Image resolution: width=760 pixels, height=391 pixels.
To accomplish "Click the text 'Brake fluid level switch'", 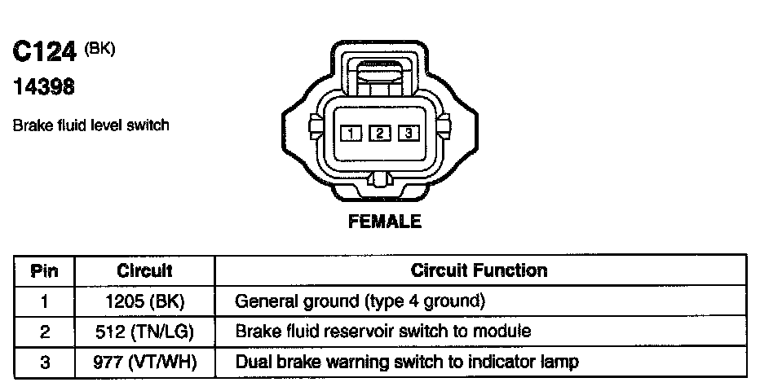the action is coord(91,125).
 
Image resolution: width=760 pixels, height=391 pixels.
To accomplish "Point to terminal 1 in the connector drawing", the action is coord(351,133).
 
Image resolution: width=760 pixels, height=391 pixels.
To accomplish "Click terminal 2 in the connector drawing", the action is coord(379,133).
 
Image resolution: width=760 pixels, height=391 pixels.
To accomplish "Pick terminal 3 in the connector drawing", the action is coord(409,133).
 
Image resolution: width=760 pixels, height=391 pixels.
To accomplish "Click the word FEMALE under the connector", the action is coord(385,222).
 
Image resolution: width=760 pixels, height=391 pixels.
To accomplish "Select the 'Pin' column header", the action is coord(44,270).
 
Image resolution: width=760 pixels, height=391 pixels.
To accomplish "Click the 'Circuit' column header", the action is coord(144,270).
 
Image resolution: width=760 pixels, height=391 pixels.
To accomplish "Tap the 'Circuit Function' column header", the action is coord(479,270).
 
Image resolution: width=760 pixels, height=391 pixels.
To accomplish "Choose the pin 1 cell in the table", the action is coord(44,301).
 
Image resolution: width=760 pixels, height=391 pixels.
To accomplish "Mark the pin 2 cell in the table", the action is coord(44,332).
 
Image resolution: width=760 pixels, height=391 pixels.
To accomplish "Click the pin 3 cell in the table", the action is coord(44,362).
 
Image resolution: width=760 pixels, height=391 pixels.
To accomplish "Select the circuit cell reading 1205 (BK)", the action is coord(144,301).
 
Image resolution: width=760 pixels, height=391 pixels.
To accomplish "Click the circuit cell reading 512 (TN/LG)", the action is coord(144,332).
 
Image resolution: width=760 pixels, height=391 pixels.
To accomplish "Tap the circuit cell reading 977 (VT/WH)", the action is coord(144,362).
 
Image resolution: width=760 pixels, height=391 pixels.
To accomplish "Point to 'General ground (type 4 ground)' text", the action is coord(360,301).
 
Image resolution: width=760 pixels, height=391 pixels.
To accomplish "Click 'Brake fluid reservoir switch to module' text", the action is coord(383,332).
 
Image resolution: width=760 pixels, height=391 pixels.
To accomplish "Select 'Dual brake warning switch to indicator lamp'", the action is coord(407,362).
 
